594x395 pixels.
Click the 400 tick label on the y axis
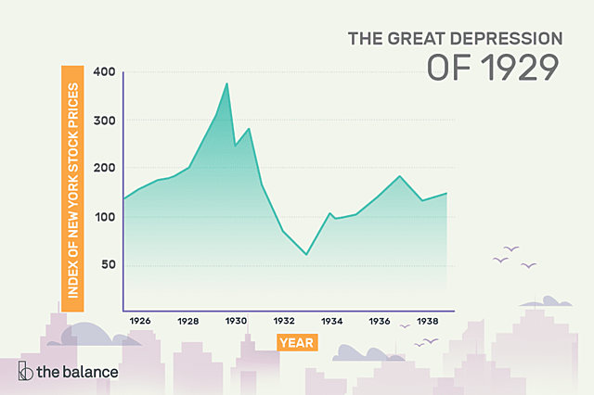click(102, 72)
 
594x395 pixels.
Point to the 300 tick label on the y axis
click(102, 121)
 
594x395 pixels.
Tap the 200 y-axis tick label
click(102, 169)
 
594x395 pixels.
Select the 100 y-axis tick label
click(102, 217)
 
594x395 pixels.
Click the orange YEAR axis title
click(297, 342)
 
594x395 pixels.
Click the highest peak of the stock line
click(227, 84)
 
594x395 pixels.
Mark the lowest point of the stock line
click(306, 254)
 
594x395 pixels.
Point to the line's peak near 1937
click(399, 176)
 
